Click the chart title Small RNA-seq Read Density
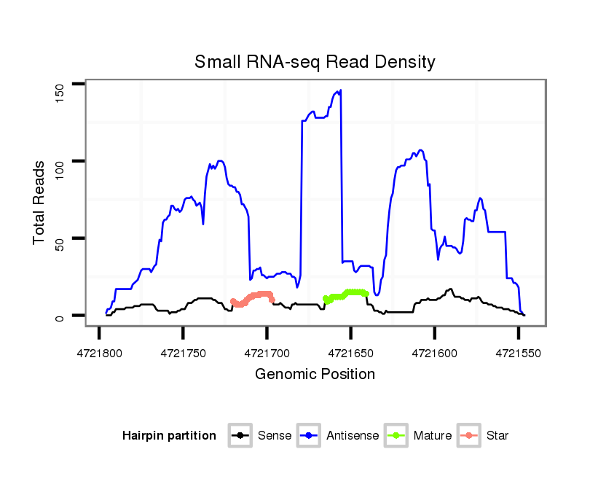coord(315,62)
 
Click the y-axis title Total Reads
coord(40,203)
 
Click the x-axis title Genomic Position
coord(315,375)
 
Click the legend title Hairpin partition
coord(169,436)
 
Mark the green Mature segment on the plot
coord(347,294)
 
